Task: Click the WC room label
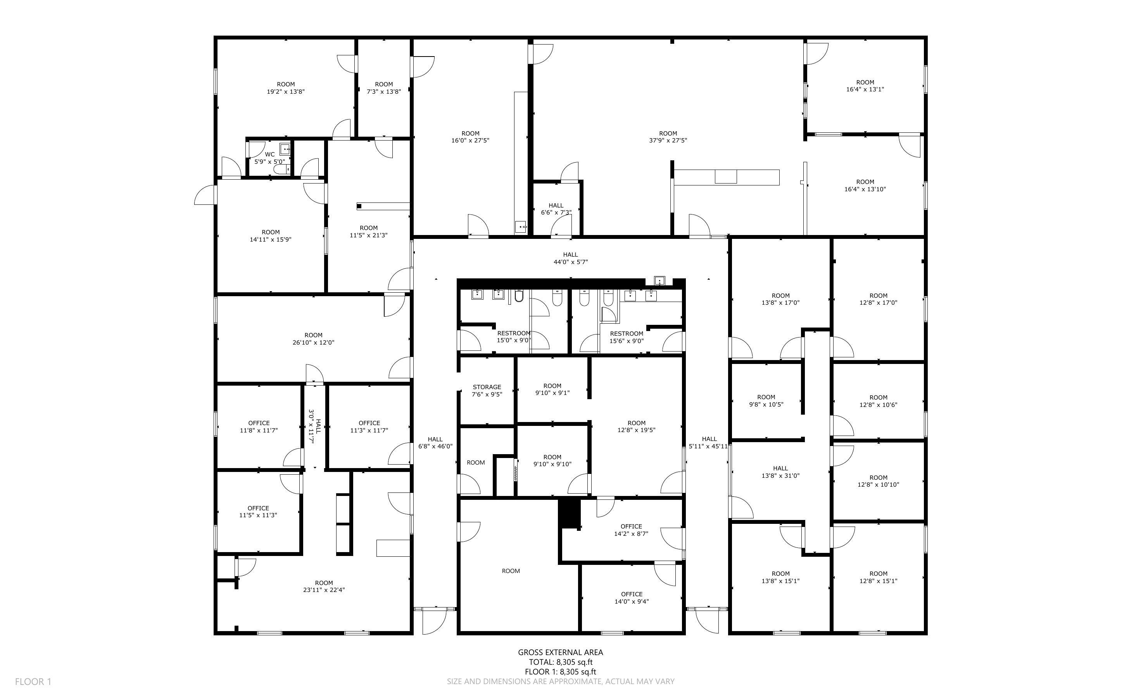point(269,158)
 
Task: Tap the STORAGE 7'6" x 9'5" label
point(487,391)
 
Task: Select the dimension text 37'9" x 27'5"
point(668,140)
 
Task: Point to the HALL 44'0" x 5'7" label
point(571,258)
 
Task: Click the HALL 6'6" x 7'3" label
point(556,209)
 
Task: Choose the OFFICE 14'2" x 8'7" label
point(631,530)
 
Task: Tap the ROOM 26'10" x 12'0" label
point(313,339)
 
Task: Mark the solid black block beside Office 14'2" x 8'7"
point(570,513)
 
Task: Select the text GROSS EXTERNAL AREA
point(560,652)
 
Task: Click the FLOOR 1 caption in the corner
point(33,681)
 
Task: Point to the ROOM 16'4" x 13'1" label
point(865,86)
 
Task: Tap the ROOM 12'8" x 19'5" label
point(636,426)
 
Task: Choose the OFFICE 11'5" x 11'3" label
point(258,511)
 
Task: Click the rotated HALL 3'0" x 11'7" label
point(315,426)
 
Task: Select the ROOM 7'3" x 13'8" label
point(384,88)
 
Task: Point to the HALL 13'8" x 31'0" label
point(780,472)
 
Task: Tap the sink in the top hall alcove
point(659,281)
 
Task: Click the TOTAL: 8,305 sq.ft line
point(561,662)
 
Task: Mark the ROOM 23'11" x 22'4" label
point(324,587)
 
